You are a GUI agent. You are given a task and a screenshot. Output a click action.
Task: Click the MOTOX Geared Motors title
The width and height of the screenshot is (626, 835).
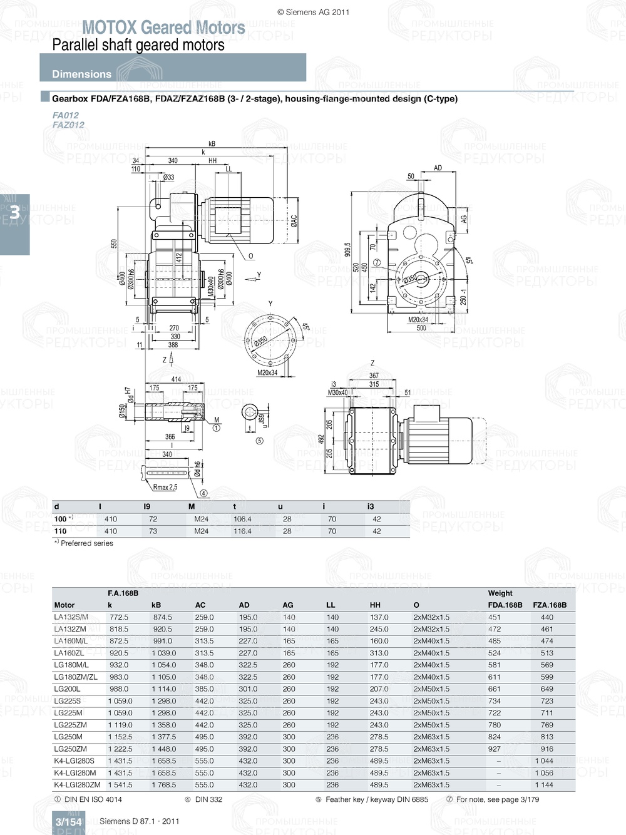(x=163, y=28)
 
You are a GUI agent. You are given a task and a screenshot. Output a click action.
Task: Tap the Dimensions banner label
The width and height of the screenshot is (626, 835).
(x=81, y=74)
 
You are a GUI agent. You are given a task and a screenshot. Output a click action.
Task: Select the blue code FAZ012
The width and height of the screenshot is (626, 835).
(x=68, y=125)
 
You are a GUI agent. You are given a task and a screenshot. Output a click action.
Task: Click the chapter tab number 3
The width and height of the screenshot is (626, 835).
(x=14, y=212)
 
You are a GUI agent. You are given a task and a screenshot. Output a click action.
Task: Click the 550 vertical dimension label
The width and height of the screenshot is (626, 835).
(x=114, y=243)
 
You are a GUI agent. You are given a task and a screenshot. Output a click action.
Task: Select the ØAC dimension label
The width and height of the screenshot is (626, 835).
(x=294, y=220)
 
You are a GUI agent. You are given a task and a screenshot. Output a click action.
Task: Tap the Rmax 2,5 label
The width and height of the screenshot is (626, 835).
(x=165, y=487)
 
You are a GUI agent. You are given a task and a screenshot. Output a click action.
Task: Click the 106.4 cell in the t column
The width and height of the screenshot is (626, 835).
(x=242, y=519)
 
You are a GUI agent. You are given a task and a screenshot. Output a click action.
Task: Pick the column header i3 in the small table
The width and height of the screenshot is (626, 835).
(x=371, y=506)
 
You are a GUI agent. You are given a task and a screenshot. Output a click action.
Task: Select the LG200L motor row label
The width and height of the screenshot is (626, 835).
(x=67, y=689)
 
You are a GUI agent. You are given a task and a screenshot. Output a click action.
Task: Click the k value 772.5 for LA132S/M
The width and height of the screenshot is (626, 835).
(x=118, y=617)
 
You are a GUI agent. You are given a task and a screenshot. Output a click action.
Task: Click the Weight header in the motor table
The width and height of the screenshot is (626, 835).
(x=500, y=593)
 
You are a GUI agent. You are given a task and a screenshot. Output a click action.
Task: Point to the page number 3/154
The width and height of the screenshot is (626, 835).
(x=68, y=822)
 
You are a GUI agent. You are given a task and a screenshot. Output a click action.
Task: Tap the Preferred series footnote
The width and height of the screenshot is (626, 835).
(x=86, y=543)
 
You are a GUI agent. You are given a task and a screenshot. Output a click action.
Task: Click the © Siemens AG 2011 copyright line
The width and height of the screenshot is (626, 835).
(x=313, y=12)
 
